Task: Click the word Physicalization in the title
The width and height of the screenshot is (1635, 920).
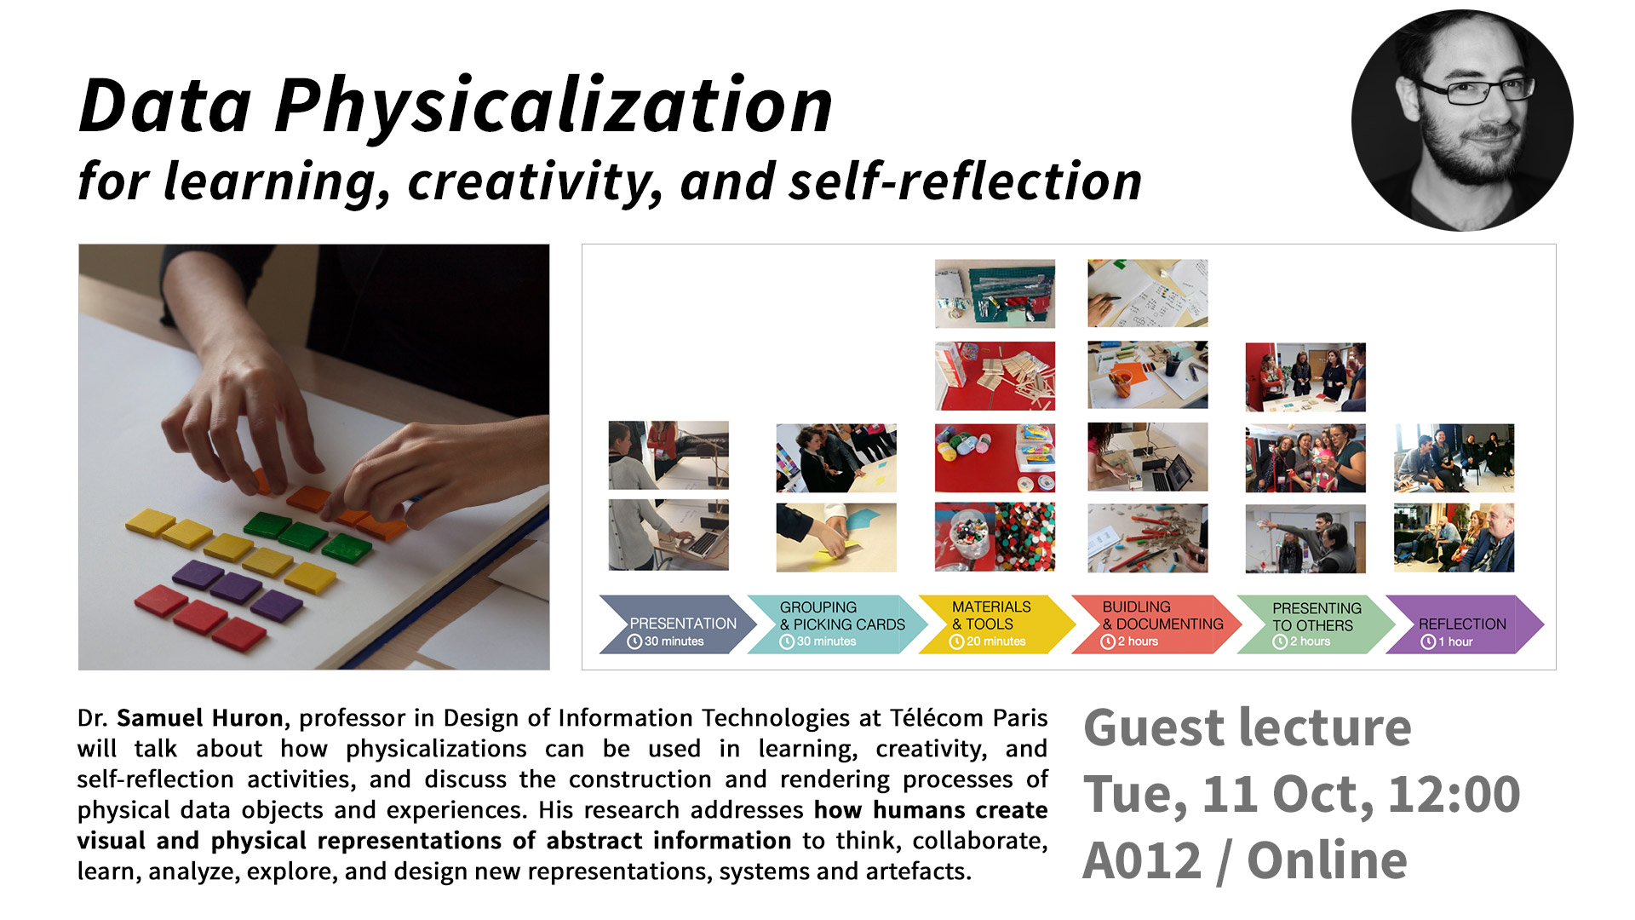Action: click(x=554, y=106)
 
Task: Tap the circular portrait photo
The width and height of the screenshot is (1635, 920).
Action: click(x=1462, y=120)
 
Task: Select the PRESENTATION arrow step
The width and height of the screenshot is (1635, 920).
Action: click(x=678, y=624)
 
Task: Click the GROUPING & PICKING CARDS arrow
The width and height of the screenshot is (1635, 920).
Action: click(x=837, y=624)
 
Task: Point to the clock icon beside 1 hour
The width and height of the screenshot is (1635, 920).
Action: click(x=1428, y=641)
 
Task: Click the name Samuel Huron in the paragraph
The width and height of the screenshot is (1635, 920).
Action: click(x=200, y=718)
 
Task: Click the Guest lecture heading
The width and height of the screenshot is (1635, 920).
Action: click(x=1248, y=727)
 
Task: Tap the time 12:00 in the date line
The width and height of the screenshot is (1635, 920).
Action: click(x=1454, y=794)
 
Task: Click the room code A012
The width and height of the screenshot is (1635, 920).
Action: click(x=1142, y=860)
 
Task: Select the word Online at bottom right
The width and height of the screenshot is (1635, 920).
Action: click(x=1327, y=860)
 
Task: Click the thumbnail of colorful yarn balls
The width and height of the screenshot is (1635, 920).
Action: click(x=995, y=458)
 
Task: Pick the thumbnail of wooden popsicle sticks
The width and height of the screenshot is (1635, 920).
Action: click(x=995, y=377)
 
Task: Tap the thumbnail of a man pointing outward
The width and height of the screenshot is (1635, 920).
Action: click(x=1305, y=538)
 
